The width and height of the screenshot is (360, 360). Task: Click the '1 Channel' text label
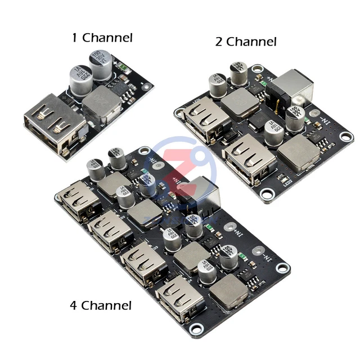point(102,38)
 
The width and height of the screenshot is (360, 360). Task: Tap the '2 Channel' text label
point(246,41)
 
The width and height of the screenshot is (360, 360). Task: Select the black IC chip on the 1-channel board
point(121,88)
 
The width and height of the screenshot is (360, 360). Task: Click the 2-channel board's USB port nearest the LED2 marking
point(249,157)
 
